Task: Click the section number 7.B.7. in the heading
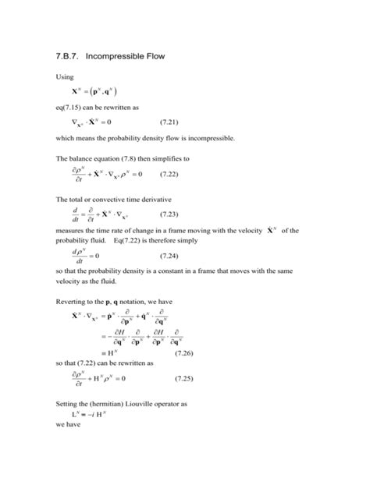coord(73,57)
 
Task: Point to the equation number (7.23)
coord(173,214)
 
